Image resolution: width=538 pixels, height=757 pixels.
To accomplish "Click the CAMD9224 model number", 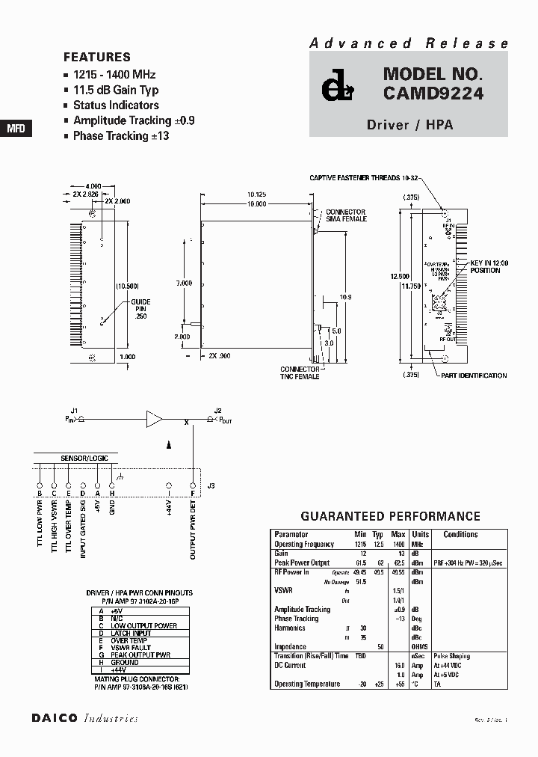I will (433, 94).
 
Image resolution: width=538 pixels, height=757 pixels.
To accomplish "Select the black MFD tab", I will (16, 129).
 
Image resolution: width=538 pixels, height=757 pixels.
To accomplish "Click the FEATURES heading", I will (97, 57).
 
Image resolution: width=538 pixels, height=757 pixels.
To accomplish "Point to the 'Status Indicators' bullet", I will (116, 105).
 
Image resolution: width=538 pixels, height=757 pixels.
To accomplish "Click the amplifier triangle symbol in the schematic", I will (155, 419).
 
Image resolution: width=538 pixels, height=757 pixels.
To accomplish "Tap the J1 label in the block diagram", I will (74, 410).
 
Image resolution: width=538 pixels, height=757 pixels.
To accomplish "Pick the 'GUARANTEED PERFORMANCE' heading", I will (390, 517).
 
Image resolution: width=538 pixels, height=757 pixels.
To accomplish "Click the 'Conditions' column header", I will (460, 535).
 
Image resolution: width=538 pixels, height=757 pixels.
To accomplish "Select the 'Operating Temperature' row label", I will (307, 684).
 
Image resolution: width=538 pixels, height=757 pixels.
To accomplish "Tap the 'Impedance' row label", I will (290, 646).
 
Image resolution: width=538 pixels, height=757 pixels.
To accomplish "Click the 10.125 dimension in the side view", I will (256, 194).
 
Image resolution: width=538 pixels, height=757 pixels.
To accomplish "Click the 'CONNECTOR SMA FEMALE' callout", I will (344, 215).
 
